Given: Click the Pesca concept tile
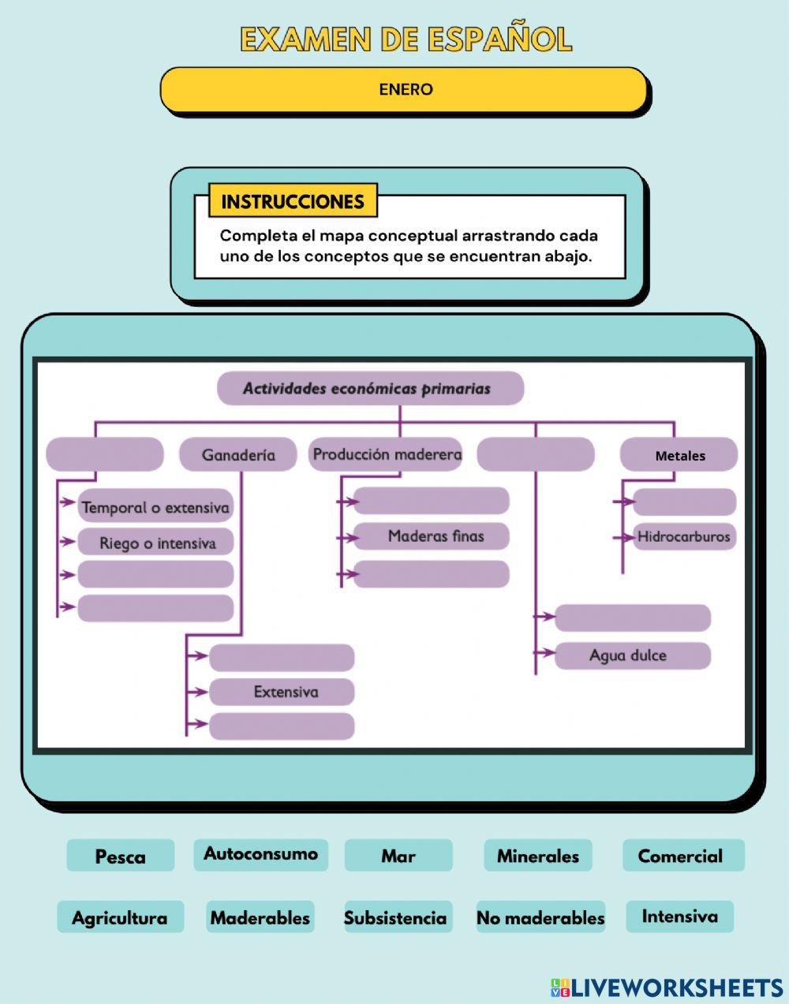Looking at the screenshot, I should pos(120,856).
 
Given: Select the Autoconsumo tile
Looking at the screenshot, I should pos(260,855).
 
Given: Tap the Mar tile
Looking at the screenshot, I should pos(398,856).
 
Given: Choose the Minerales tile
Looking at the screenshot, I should pos(538,856).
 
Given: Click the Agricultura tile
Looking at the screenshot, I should pos(120,917).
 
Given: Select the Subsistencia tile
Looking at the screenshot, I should pos(394,917).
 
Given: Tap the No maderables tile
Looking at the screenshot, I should pos(540,917).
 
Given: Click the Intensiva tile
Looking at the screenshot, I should pos(679,916).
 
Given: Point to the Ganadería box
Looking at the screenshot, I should pos(238,455).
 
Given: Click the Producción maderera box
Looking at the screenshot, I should pos(386,454).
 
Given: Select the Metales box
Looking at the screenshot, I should pos(679,455).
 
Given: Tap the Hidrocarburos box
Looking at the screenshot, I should pos(683,537).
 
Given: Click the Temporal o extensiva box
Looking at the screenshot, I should pos(155,508).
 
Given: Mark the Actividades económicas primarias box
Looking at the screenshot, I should pos(370,389).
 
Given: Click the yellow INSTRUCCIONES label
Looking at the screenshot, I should pos(293,201).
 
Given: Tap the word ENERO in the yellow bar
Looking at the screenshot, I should pos(406,89).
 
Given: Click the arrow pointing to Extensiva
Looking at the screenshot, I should pos(197,692).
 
